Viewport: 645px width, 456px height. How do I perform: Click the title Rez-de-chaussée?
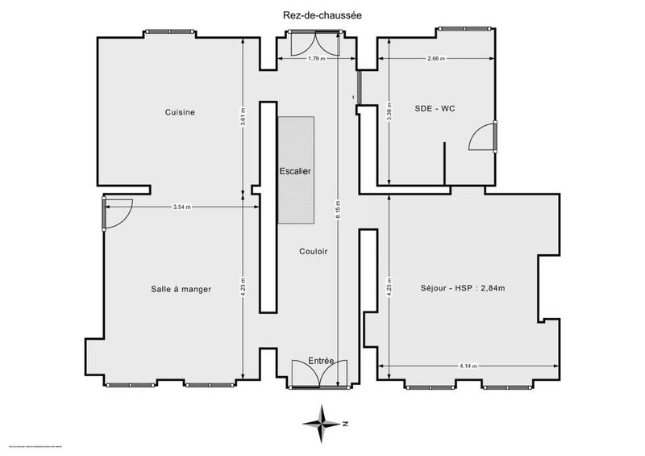coord(322,15)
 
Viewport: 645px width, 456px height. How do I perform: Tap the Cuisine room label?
coord(181,112)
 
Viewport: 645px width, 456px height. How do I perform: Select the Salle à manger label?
coord(181,289)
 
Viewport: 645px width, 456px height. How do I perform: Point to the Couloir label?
coord(313,252)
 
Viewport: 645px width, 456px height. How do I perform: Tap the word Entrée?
coord(322,360)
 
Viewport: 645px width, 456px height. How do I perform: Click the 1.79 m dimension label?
coord(316,59)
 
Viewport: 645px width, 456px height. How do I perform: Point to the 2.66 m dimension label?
coord(436,59)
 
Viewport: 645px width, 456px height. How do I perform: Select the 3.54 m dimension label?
coord(182,207)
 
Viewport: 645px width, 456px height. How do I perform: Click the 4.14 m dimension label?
coord(468,366)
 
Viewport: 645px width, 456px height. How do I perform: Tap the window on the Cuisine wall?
coord(169,32)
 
